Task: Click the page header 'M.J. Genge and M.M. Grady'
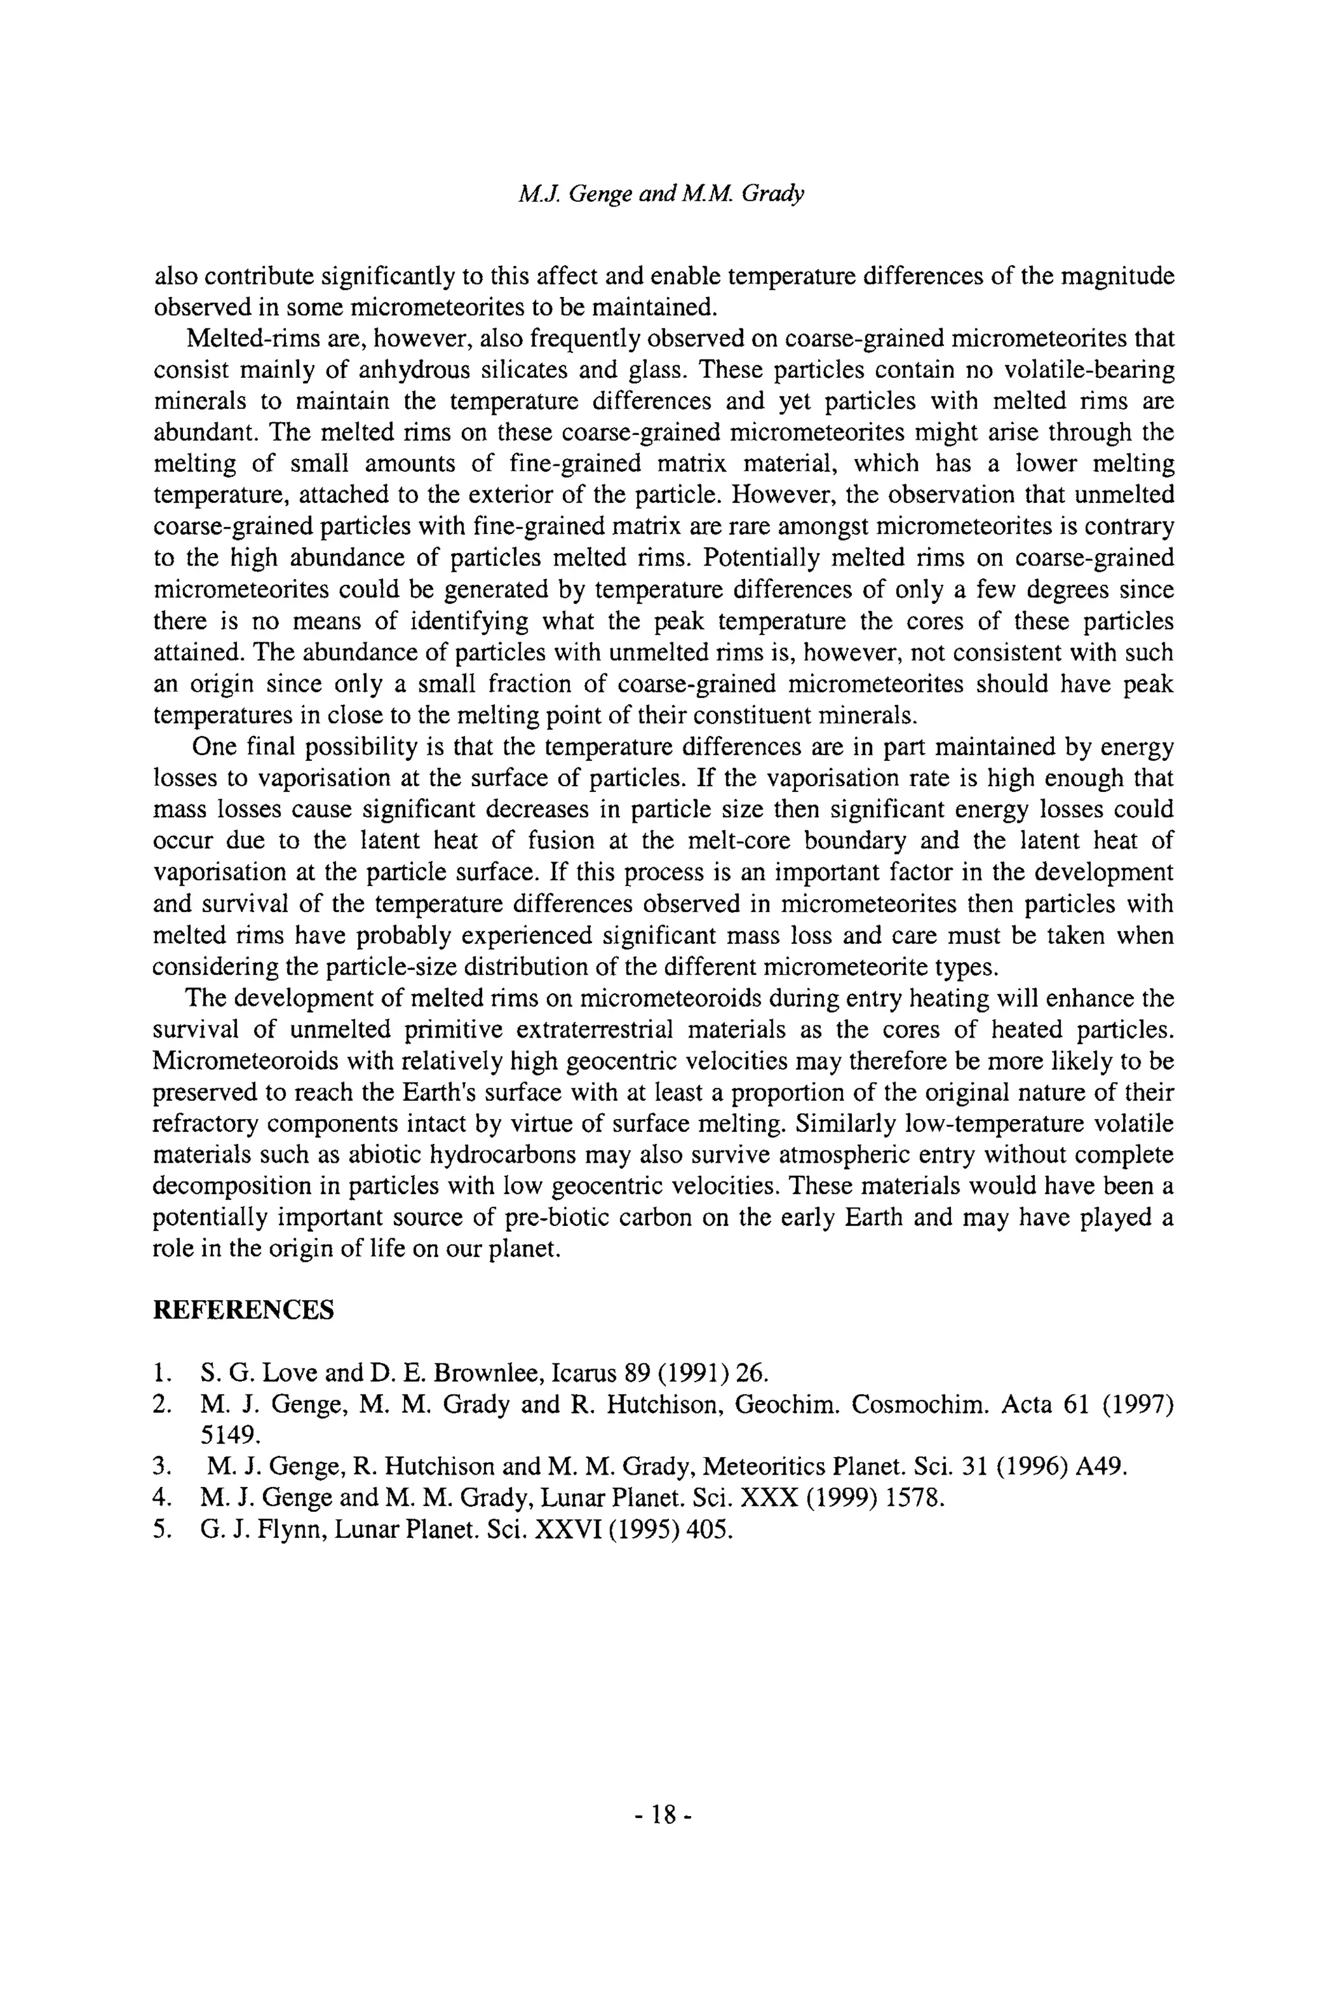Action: point(661,195)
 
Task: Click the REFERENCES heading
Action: point(244,1310)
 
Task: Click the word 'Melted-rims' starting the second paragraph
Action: point(234,339)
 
